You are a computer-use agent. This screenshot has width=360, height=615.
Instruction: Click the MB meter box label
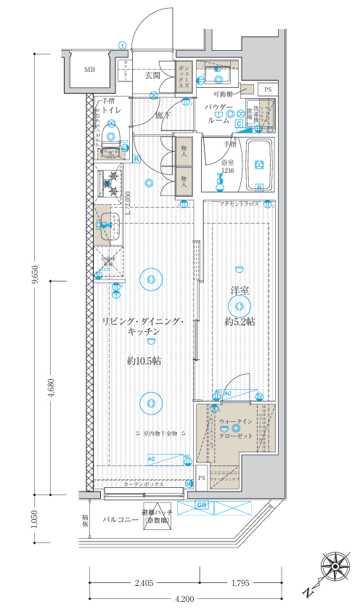(x=89, y=70)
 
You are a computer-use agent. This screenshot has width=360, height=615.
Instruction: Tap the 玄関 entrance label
(x=152, y=75)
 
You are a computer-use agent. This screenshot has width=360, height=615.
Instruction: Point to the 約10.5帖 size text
(x=143, y=360)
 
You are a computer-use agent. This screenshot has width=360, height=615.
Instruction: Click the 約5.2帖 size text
(x=240, y=321)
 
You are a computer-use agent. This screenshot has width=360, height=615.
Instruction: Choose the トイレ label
(x=110, y=110)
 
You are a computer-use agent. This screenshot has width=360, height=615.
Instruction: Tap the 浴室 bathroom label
(x=228, y=162)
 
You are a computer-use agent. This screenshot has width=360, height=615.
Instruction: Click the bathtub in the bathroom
(x=259, y=165)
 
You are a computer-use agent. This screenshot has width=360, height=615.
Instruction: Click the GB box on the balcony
(x=202, y=505)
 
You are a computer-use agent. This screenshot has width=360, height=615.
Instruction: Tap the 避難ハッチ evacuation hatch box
(x=157, y=515)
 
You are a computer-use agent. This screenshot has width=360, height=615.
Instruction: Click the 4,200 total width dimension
(x=184, y=599)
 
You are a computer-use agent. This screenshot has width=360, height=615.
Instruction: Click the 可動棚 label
(x=223, y=94)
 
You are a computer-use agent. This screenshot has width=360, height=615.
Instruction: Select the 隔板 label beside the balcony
(x=85, y=520)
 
